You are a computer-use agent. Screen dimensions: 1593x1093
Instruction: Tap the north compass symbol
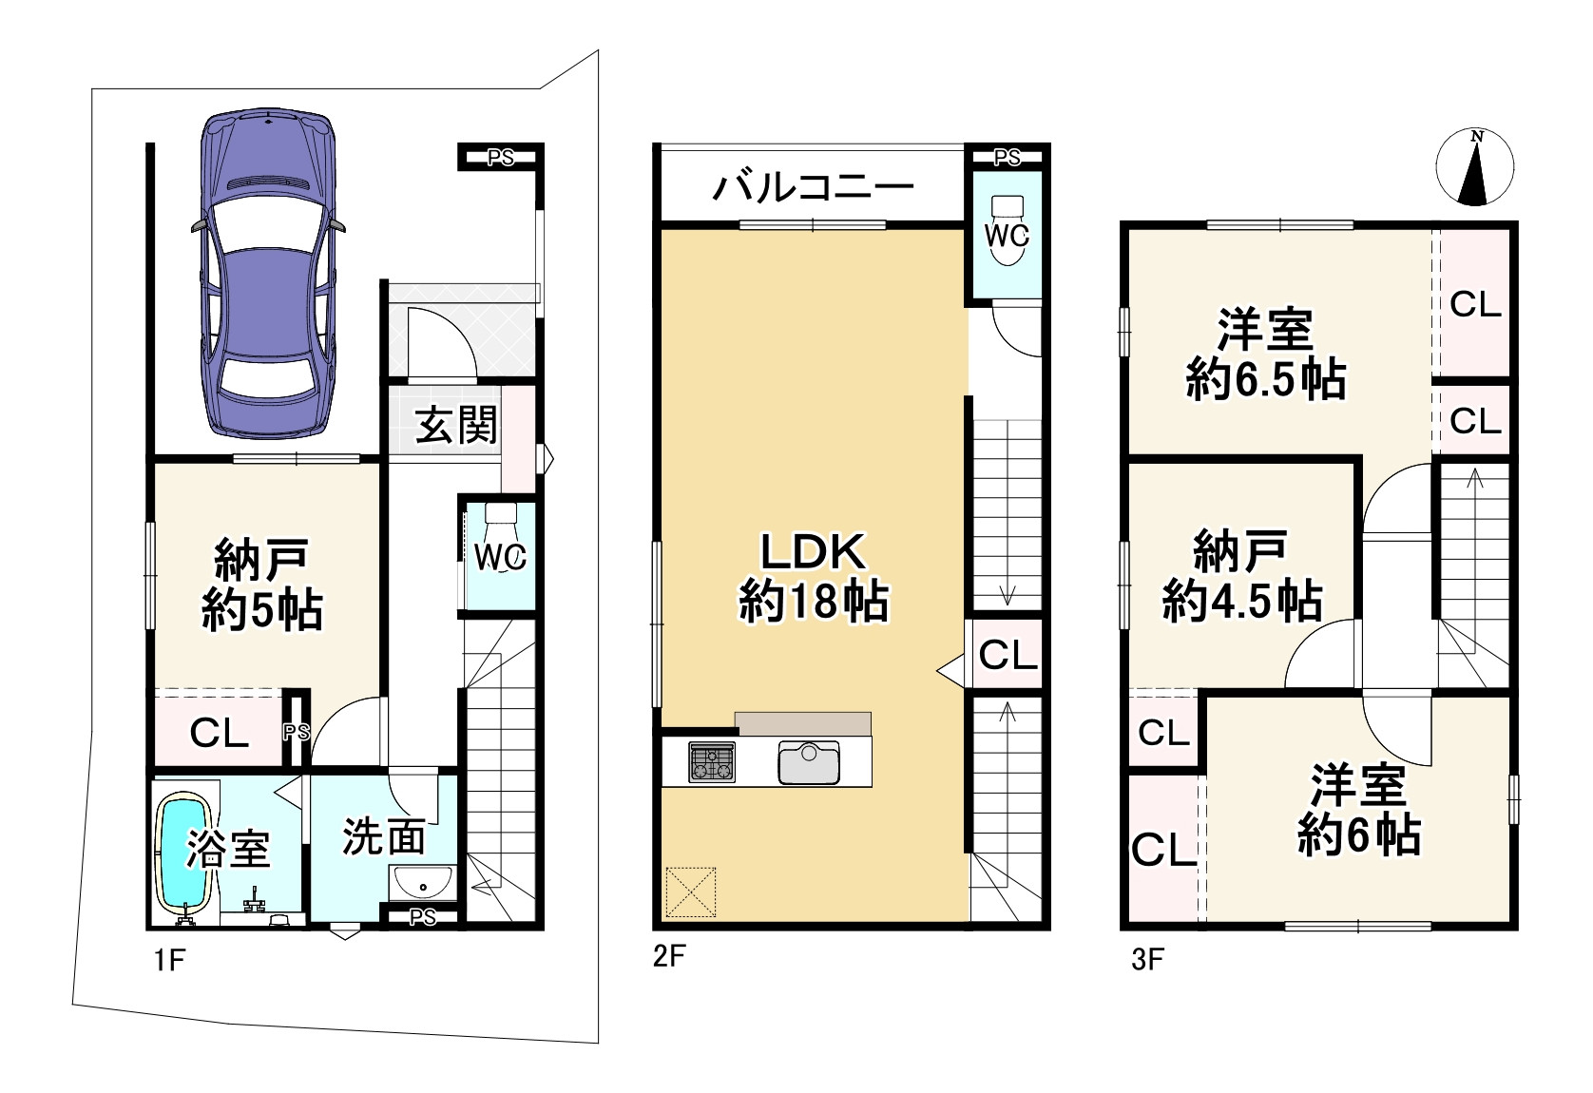coord(1475,168)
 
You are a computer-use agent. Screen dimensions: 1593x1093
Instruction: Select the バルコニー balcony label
coord(813,188)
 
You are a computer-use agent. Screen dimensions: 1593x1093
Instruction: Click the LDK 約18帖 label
coord(814,577)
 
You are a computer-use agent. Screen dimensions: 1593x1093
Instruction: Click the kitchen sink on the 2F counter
coord(809,762)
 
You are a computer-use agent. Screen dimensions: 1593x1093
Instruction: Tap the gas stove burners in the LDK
coord(712,761)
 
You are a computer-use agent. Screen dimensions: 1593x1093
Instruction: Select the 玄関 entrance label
coord(456,425)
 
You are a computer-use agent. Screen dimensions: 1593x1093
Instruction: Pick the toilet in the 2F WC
coord(1007,230)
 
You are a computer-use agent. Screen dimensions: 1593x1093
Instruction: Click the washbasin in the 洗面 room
coord(422,882)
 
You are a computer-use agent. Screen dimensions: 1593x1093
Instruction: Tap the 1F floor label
coord(170,960)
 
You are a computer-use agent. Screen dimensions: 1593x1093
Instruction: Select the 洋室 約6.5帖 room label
coord(1266,354)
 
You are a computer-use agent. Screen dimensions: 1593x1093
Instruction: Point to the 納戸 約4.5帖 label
coord(1242,575)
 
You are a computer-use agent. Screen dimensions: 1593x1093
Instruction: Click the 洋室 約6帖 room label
coord(1359,809)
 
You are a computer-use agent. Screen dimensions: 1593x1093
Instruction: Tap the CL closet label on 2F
coord(1008,654)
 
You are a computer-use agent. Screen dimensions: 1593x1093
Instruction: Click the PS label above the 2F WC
coord(1007,157)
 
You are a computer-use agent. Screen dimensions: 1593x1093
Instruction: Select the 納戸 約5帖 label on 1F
coord(261,585)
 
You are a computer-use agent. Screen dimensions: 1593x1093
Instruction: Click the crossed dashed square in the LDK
coord(691,892)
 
